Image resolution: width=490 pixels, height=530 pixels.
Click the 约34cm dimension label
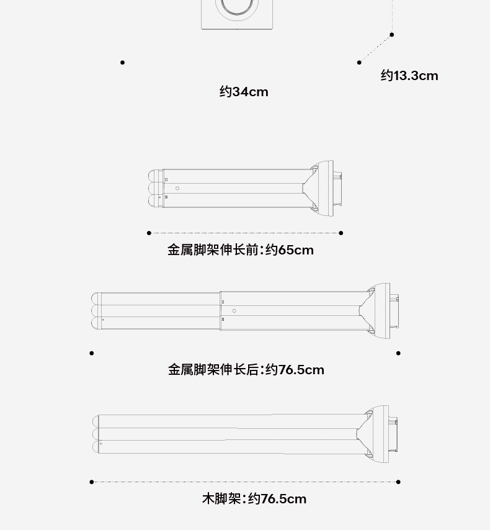(x=244, y=92)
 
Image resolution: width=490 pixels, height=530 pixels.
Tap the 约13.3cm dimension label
(x=409, y=76)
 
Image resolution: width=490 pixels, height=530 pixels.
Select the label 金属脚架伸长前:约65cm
(x=241, y=250)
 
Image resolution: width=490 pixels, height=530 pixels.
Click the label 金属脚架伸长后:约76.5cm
(x=246, y=370)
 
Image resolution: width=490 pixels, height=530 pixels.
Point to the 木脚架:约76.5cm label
(x=254, y=499)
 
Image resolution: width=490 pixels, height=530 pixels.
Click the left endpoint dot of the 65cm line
(x=149, y=233)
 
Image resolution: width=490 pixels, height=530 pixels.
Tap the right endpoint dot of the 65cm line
(x=341, y=233)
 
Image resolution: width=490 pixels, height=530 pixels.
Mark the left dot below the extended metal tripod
(x=92, y=353)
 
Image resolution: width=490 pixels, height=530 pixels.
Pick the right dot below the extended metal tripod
(x=398, y=353)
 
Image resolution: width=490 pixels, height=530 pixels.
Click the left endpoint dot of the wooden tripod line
(x=92, y=482)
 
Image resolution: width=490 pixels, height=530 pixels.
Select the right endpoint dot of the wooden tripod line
(x=398, y=482)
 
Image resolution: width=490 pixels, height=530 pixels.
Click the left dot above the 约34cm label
(x=123, y=62)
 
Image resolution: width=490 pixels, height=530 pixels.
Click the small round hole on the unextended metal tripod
(x=177, y=188)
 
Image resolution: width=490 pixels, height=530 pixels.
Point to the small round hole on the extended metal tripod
(x=234, y=310)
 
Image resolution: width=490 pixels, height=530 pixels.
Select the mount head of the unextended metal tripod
(x=326, y=189)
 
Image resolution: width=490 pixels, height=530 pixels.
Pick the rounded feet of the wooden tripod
(x=97, y=433)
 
